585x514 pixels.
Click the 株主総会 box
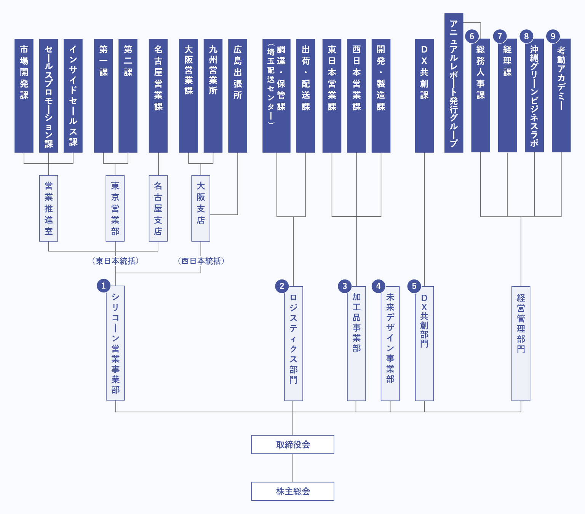(292, 491)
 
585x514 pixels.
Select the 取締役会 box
(292, 444)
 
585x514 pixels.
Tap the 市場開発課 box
(24, 96)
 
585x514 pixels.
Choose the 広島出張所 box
(238, 96)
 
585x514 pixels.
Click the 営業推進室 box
(48, 208)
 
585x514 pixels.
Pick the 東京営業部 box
(115, 208)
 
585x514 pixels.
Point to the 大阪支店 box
(201, 208)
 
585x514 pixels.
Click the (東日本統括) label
(115, 261)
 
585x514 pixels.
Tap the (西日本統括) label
(201, 261)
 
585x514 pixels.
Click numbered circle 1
(104, 286)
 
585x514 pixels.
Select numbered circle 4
(379, 286)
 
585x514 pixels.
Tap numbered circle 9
(553, 36)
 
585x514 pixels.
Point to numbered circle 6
(472, 36)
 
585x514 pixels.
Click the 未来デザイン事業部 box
(390, 343)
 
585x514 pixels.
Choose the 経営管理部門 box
(521, 343)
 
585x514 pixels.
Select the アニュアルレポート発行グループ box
(454, 83)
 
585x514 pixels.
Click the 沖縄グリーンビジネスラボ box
(534, 96)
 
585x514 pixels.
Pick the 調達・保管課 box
(277, 96)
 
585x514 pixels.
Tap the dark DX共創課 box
(424, 96)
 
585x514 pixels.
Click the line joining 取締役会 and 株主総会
(293, 468)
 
